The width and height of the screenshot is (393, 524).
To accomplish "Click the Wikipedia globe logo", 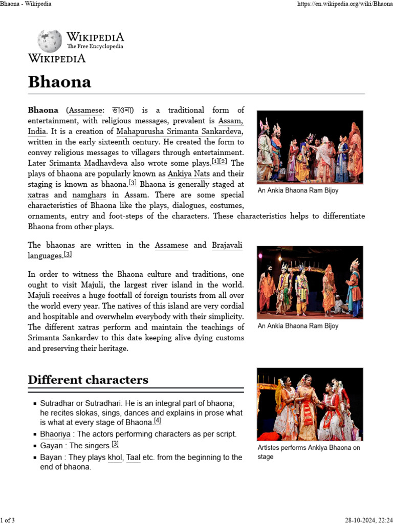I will tap(50, 41).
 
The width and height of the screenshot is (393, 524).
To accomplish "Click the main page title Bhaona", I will tap(59, 82).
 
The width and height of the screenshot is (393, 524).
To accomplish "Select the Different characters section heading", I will tap(88, 380).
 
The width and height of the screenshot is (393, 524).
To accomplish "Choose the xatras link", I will tap(39, 195).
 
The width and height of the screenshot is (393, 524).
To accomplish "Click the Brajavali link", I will tap(227, 246).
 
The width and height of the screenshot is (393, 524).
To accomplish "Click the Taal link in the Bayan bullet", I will tap(133, 457).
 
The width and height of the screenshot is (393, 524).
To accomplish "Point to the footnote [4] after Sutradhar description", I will tap(158, 421).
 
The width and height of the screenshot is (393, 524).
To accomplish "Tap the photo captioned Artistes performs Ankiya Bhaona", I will tap(310, 404).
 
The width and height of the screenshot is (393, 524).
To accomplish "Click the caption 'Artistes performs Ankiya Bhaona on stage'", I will tap(309, 452).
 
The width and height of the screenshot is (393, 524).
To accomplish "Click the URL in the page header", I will tap(344, 5).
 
